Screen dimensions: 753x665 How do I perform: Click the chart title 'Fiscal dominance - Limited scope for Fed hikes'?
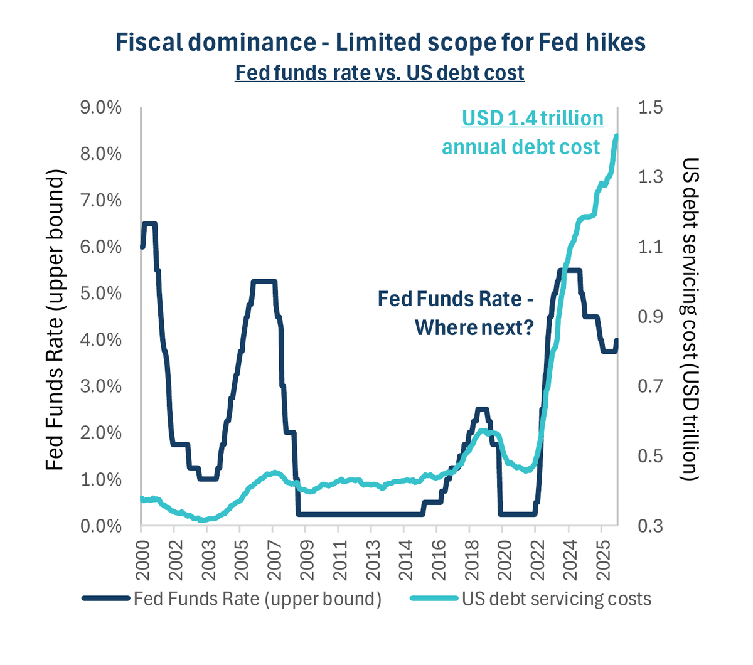(380, 43)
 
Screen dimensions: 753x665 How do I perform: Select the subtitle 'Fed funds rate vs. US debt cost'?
(380, 73)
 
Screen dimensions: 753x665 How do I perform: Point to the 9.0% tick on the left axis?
(101, 108)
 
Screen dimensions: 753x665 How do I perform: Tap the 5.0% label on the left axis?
(101, 294)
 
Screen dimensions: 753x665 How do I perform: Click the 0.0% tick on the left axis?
(101, 527)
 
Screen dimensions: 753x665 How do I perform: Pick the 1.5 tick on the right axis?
(651, 107)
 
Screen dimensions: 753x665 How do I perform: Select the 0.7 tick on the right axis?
(651, 386)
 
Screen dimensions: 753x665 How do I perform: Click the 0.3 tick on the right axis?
(651, 526)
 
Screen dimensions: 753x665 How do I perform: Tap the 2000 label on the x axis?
(142, 560)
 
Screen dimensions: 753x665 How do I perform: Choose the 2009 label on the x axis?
(306, 560)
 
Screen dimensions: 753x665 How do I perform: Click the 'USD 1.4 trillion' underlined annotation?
(532, 119)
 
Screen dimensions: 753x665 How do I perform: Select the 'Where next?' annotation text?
(474, 328)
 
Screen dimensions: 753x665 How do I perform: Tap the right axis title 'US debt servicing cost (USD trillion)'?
(690, 319)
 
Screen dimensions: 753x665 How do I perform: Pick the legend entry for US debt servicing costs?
(530, 599)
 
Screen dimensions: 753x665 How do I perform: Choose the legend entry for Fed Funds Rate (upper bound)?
(232, 599)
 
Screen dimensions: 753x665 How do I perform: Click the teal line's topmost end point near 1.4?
(617, 136)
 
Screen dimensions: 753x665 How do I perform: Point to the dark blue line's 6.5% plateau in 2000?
(149, 224)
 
